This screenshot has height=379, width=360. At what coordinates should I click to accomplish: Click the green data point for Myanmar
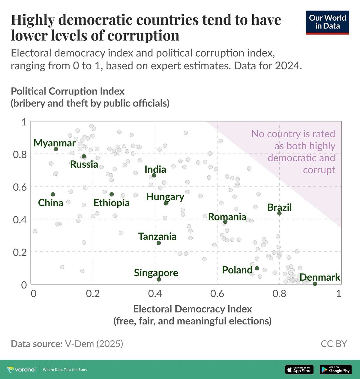click(56, 149)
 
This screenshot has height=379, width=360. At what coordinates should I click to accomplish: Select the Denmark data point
click(315, 284)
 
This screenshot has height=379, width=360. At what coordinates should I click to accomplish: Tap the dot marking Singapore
click(159, 279)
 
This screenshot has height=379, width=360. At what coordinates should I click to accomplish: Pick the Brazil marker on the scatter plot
click(279, 213)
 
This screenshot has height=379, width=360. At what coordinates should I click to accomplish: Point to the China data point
click(53, 194)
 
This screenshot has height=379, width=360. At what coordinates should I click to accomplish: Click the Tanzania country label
click(157, 236)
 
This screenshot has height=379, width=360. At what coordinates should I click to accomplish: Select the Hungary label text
click(165, 197)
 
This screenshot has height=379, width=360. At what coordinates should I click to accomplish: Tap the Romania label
click(227, 217)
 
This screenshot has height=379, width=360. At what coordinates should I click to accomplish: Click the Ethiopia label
click(111, 203)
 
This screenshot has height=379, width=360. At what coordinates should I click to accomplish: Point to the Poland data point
click(257, 268)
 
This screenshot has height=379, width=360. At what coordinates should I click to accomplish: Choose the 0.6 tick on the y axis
click(20, 187)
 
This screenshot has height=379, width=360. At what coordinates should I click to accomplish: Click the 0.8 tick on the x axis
click(279, 293)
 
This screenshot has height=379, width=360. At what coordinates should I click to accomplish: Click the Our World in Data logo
click(327, 22)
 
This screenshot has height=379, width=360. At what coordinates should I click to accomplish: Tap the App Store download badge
click(299, 370)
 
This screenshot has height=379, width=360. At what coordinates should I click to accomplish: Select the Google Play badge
click(335, 370)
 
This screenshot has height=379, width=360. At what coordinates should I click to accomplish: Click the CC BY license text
click(334, 344)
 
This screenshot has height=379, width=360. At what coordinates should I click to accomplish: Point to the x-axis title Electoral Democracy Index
click(192, 309)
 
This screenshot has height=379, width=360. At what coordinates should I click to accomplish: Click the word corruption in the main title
click(143, 35)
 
